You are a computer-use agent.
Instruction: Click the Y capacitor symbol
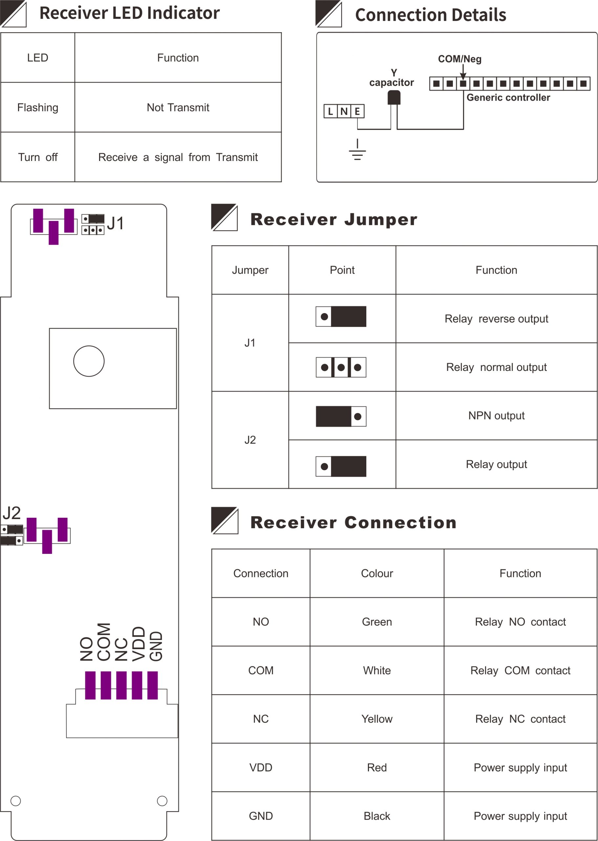coord(394,98)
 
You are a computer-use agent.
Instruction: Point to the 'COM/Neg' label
coord(459,59)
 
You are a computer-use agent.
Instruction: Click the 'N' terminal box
coord(344,111)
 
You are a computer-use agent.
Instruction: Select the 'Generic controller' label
coord(508,98)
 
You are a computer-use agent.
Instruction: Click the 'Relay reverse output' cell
coord(496,319)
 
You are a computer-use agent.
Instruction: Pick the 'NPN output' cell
coord(496,416)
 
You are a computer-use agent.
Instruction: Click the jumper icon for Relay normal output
coord(341,367)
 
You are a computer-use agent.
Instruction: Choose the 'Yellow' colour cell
coord(377,719)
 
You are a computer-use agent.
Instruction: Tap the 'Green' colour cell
coord(377,622)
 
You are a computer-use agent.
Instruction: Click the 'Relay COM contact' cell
coord(520,671)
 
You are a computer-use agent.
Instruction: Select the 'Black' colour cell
coord(377,816)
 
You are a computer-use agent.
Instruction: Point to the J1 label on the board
coord(115,223)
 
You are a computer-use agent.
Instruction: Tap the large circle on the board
coord(89,361)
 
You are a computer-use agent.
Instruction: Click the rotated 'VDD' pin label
coord(139,644)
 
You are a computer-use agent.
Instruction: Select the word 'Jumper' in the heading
coord(380,220)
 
